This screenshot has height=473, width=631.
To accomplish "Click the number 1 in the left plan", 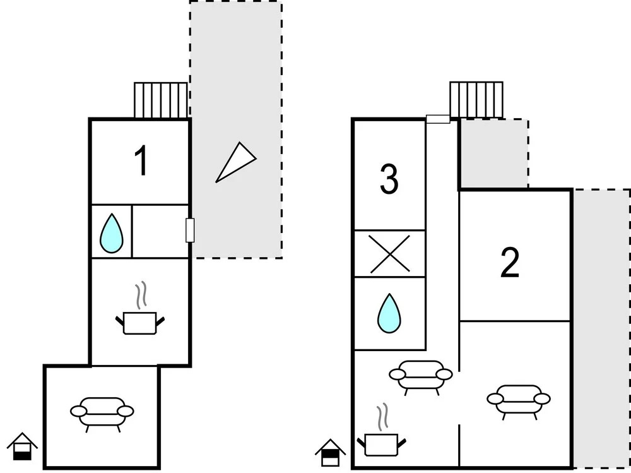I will click(142, 161).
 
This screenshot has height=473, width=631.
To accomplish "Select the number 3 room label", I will click(389, 179).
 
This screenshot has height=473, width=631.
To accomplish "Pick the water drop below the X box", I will click(389, 313).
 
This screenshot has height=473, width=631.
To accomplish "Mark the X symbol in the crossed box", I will click(389, 254).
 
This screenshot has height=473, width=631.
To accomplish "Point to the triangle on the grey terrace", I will click(235, 162).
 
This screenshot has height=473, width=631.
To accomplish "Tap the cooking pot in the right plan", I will click(380, 442).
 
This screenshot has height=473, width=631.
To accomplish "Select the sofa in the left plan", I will click(102, 412).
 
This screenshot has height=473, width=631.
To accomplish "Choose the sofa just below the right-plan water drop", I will click(421, 376).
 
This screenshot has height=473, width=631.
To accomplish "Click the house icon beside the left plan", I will click(22, 446).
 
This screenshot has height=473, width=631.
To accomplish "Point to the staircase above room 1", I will click(161, 100).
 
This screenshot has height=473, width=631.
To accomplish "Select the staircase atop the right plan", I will click(476, 99).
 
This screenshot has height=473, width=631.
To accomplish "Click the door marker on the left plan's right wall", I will click(189, 230).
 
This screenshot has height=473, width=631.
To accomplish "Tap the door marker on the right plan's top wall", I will click(438, 119).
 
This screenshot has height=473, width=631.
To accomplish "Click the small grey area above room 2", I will click(493, 153).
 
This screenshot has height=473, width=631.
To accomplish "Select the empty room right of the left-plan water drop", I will click(160, 231).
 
